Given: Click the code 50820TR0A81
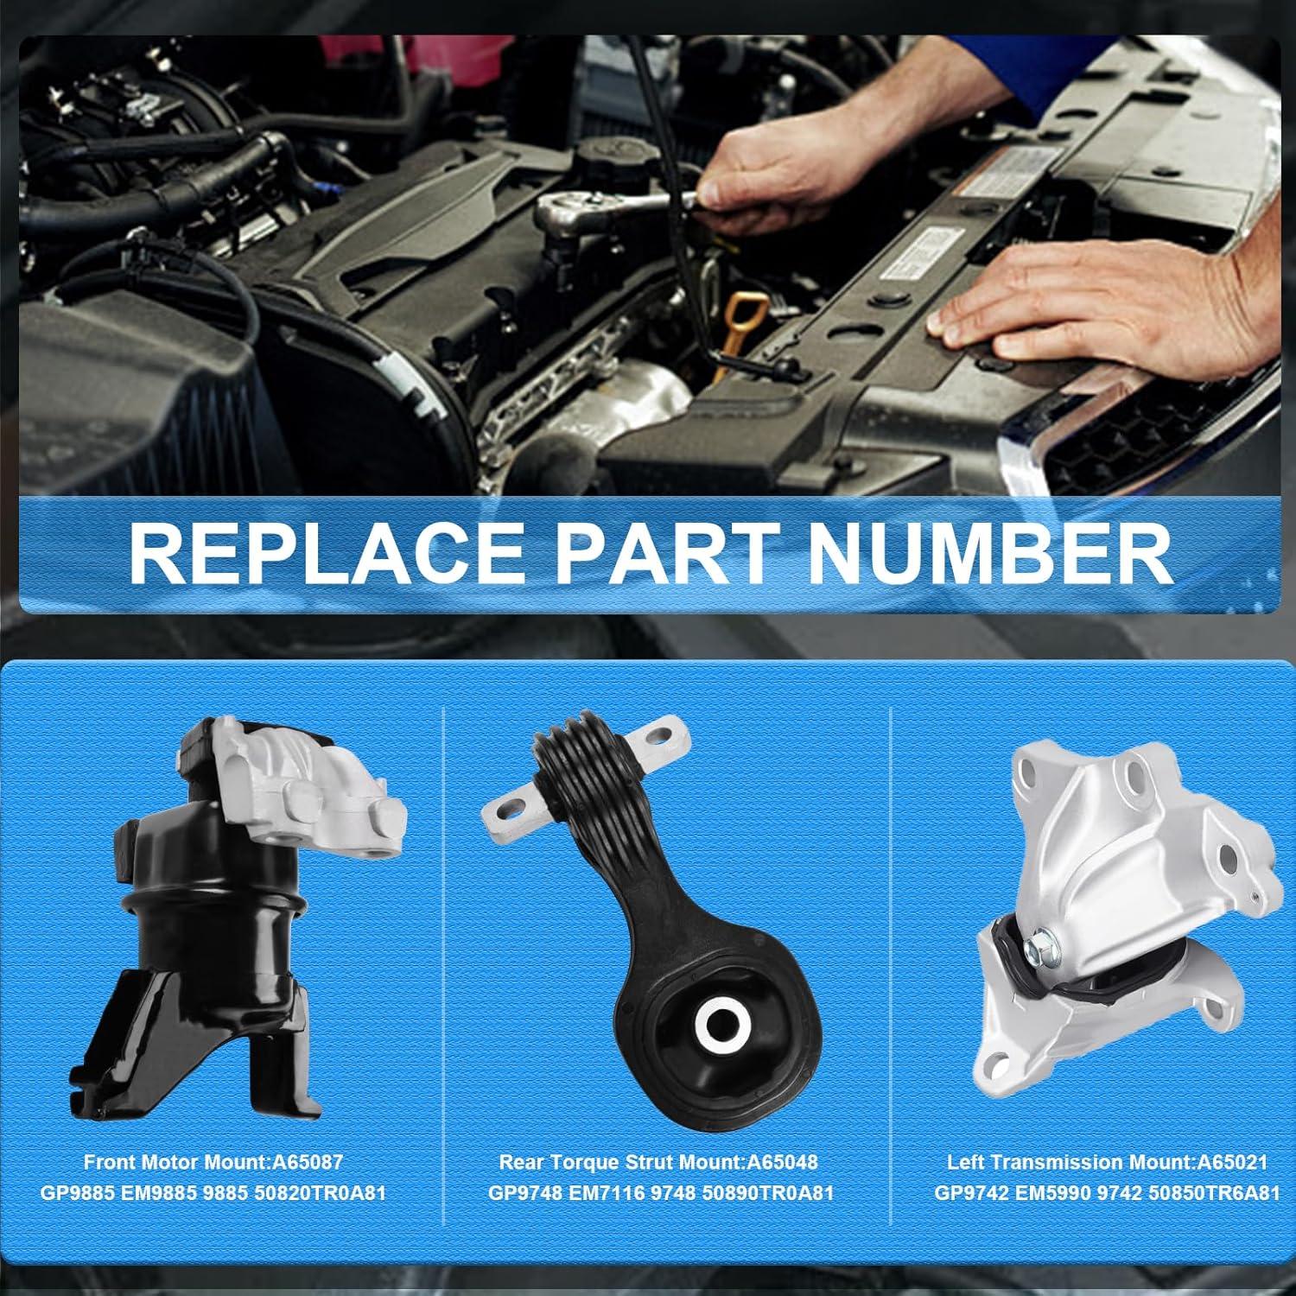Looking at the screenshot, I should pyautogui.click(x=319, y=1193).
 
